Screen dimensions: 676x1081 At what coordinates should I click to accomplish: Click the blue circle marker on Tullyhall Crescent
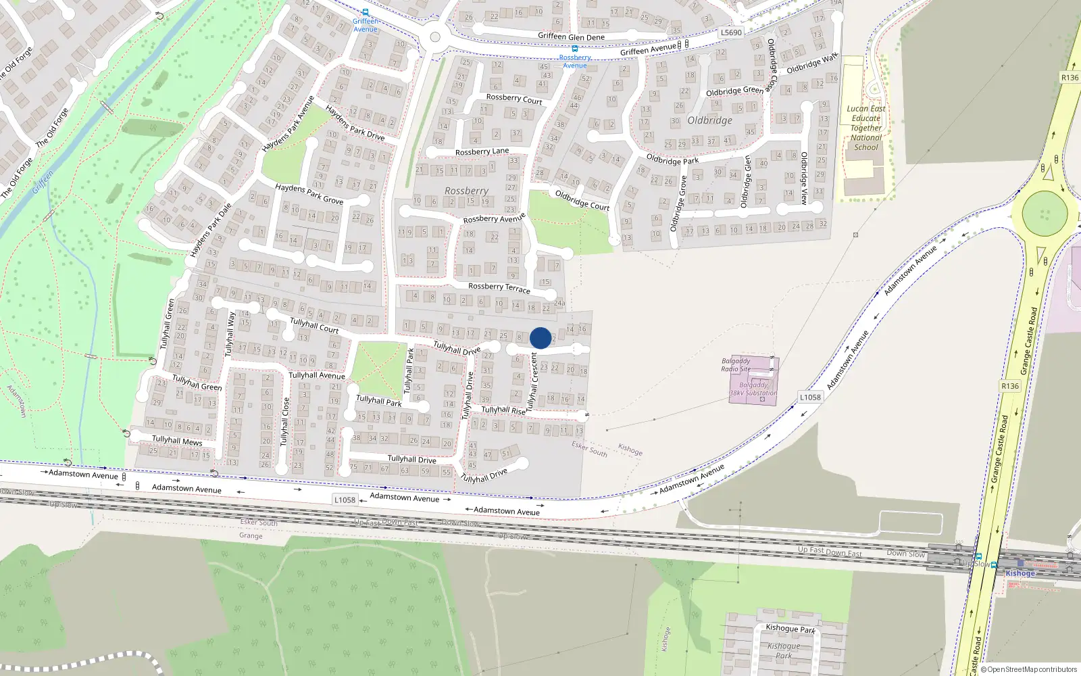(x=540, y=338)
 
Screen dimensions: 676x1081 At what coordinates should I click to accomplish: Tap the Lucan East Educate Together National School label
(x=866, y=128)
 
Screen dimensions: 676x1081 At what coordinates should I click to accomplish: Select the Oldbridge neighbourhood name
(x=709, y=120)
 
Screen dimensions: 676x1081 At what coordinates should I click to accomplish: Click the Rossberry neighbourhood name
(x=466, y=191)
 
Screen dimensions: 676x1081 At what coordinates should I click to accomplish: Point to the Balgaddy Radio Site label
(x=736, y=365)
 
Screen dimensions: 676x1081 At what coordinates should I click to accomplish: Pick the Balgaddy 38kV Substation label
(x=753, y=389)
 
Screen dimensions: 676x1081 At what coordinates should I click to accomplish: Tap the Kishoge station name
(x=1020, y=573)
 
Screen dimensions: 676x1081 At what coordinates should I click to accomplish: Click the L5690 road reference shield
(x=731, y=32)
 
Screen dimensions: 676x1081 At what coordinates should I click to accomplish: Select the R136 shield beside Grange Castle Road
(x=1009, y=386)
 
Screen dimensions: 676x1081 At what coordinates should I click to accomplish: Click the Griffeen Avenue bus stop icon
(x=366, y=12)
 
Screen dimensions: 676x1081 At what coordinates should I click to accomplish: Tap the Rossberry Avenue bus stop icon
(x=575, y=49)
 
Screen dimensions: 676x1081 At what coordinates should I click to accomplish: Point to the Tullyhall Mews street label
(x=177, y=441)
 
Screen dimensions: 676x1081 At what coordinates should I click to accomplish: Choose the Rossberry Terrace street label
(x=499, y=287)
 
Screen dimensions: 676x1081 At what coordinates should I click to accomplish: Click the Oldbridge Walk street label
(x=812, y=63)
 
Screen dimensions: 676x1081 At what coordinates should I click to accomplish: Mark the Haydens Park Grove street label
(x=309, y=193)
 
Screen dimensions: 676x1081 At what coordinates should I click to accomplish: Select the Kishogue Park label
(x=790, y=629)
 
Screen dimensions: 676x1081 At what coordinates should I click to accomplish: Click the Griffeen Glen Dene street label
(x=571, y=37)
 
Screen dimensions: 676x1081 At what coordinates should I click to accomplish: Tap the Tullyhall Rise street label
(x=503, y=410)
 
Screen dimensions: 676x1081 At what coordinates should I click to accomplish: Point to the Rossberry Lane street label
(x=482, y=151)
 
